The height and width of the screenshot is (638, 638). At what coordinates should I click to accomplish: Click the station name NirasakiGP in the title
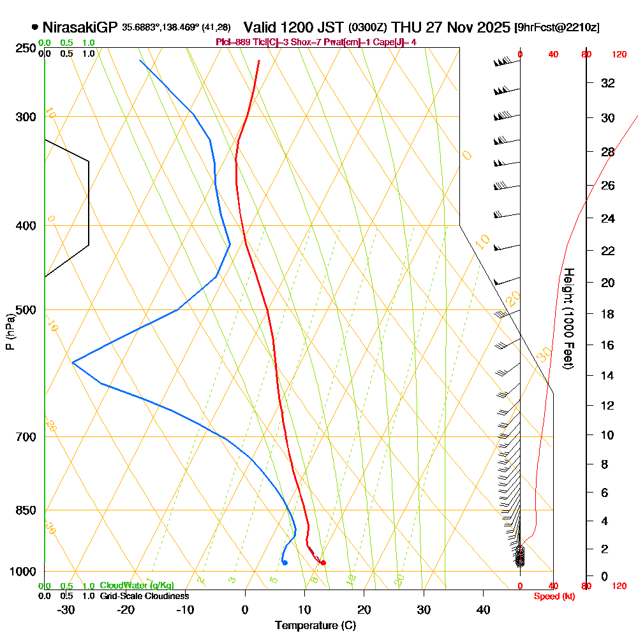[80, 27]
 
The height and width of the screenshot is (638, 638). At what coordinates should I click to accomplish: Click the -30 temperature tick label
[66, 610]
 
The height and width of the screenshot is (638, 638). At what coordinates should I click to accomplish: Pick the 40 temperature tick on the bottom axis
[483, 610]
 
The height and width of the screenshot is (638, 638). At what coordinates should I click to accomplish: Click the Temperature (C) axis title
[315, 626]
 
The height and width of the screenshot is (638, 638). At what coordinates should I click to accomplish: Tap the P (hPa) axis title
[10, 331]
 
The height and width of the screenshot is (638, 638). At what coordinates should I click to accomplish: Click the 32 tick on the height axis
[609, 83]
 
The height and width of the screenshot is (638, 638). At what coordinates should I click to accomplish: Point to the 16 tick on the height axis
[609, 345]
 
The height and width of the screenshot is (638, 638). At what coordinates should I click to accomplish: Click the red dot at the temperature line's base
[323, 563]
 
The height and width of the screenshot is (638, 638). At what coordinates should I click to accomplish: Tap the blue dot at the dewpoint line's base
[285, 563]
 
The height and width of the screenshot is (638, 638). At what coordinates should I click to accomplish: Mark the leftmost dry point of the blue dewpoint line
[73, 362]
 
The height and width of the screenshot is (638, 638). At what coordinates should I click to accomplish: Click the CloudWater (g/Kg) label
[137, 586]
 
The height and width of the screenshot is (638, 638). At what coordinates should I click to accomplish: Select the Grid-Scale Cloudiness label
[144, 596]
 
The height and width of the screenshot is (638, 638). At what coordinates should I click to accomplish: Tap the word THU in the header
[405, 27]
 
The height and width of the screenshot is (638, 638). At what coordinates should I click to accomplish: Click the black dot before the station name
[34, 27]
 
